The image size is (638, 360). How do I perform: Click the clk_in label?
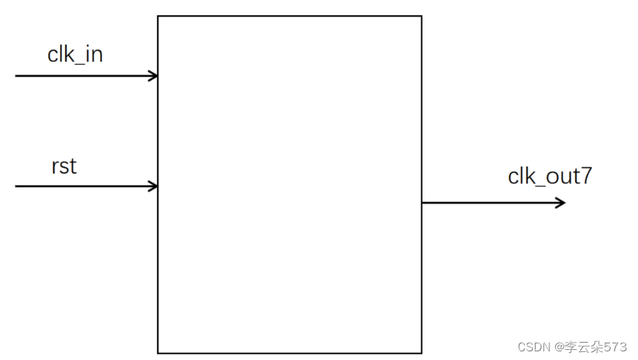[75, 55]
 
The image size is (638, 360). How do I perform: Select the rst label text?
[64, 167]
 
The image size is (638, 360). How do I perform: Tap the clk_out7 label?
[549, 176]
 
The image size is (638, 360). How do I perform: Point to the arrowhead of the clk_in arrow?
[154, 76]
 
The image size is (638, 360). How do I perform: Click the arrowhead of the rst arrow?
[154, 186]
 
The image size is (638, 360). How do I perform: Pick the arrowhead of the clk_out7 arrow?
[562, 203]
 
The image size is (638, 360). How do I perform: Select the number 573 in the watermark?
[616, 347]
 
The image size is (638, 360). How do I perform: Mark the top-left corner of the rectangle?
[158, 16]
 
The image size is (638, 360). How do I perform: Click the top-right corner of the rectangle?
[422, 16]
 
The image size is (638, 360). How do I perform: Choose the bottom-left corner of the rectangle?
[158, 353]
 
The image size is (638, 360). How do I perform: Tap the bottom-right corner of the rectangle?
[422, 353]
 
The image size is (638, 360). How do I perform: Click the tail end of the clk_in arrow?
[16, 76]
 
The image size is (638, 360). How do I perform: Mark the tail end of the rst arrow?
[16, 186]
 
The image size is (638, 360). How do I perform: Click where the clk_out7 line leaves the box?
[422, 203]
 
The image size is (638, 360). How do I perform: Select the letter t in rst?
[73, 167]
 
